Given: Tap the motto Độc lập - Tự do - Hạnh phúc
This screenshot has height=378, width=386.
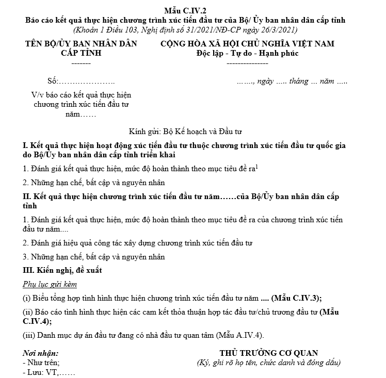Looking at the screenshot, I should pyautogui.click(x=247, y=53).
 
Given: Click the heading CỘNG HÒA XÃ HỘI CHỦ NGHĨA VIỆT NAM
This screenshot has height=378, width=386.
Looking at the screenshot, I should pyautogui.click(x=247, y=43).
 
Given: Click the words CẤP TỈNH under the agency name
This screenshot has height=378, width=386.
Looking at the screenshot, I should pyautogui.click(x=81, y=53).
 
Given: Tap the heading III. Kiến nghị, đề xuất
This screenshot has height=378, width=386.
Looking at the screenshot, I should pyautogui.click(x=62, y=270).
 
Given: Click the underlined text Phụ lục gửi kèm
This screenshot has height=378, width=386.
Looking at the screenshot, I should pyautogui.click(x=50, y=284).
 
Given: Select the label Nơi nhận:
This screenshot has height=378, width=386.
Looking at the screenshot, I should pyautogui.click(x=41, y=353).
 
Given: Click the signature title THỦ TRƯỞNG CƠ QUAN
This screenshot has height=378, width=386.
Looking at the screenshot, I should pyautogui.click(x=268, y=353).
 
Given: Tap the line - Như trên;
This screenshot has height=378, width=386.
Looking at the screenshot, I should pyautogui.click(x=41, y=363).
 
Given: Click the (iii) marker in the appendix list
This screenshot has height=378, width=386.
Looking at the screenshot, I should pyautogui.click(x=29, y=335).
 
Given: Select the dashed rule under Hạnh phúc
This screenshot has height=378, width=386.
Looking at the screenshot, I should pyautogui.click(x=247, y=63).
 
